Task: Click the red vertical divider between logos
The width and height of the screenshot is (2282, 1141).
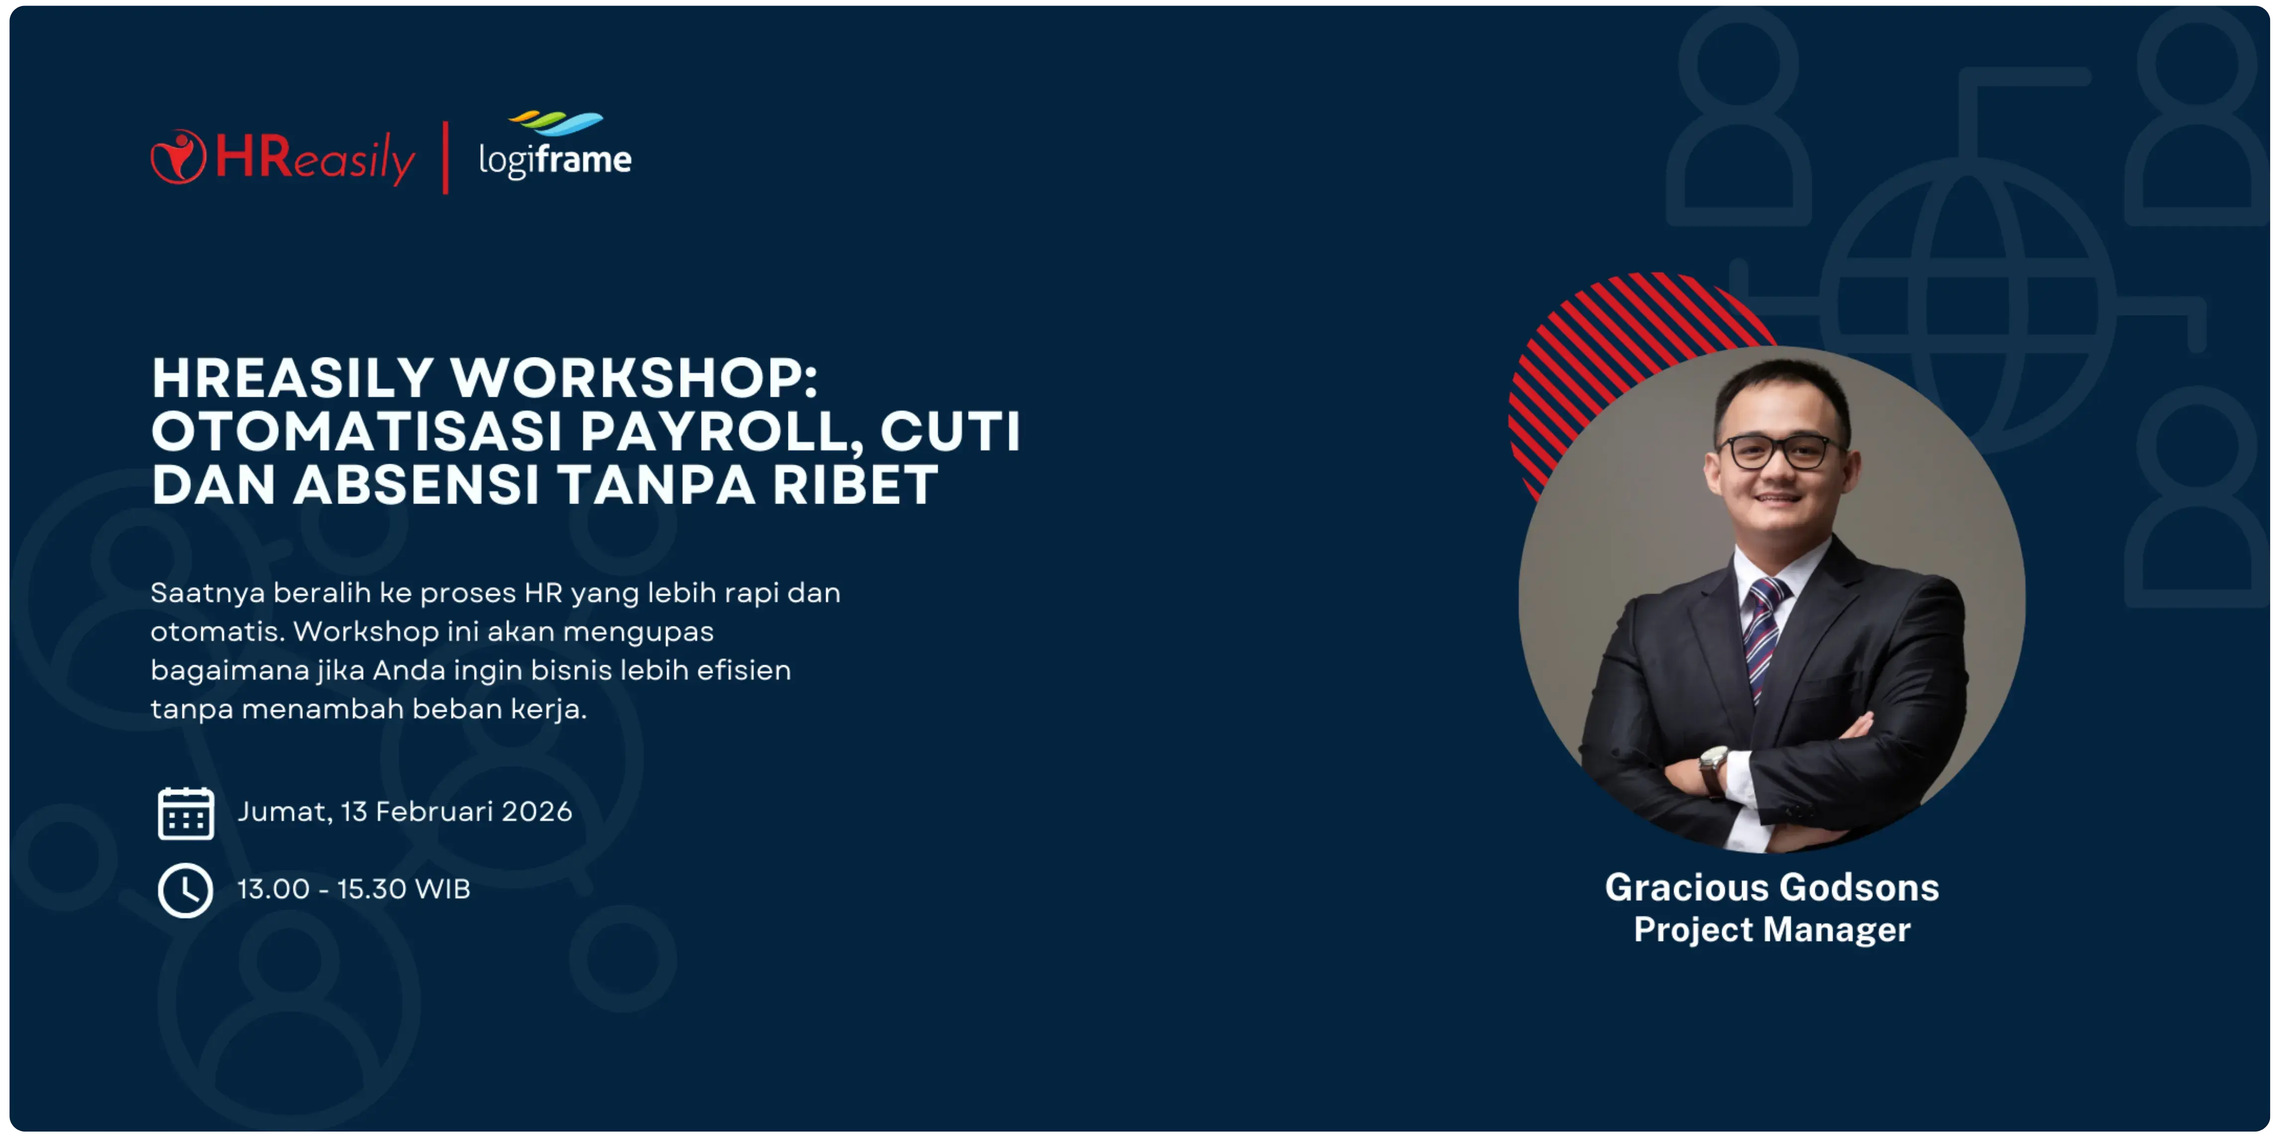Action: click(x=445, y=158)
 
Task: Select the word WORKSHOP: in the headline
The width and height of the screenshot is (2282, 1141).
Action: click(x=634, y=378)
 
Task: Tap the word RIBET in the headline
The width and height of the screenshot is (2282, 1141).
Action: click(x=855, y=485)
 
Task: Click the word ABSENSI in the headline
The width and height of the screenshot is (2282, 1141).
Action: click(x=416, y=485)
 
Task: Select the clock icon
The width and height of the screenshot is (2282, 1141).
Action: click(x=185, y=890)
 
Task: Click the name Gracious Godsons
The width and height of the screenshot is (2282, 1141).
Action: click(x=1772, y=887)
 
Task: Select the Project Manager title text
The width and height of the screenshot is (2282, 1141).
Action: click(x=1772, y=929)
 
